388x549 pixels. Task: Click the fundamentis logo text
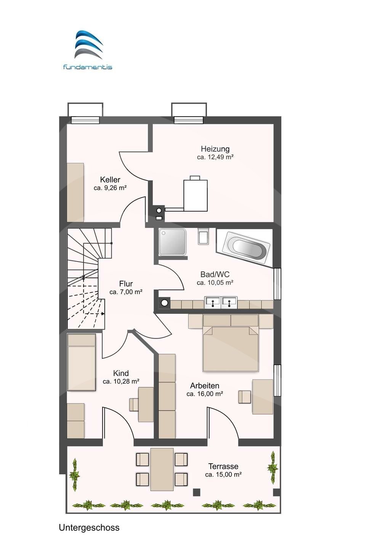88,67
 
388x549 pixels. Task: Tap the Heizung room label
215,149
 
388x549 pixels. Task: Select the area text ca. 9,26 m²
110,188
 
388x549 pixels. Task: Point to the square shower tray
172,242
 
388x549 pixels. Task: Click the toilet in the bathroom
203,236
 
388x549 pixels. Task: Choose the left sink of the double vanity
213,302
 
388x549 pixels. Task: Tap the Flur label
126,284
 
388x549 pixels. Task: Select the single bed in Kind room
82,362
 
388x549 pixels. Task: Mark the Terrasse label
223,466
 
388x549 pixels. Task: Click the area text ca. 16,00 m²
205,394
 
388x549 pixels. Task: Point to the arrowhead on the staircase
103,313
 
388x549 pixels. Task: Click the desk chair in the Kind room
134,404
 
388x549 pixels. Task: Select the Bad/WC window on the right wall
277,284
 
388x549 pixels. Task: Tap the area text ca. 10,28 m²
121,382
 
